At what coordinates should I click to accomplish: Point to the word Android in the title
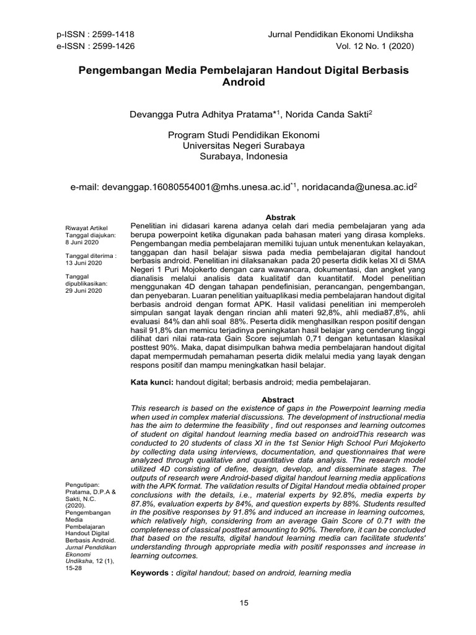243,82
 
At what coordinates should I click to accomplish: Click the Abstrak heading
279,218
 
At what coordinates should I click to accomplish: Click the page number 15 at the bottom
244,602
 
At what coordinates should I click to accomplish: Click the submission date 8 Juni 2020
82,243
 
